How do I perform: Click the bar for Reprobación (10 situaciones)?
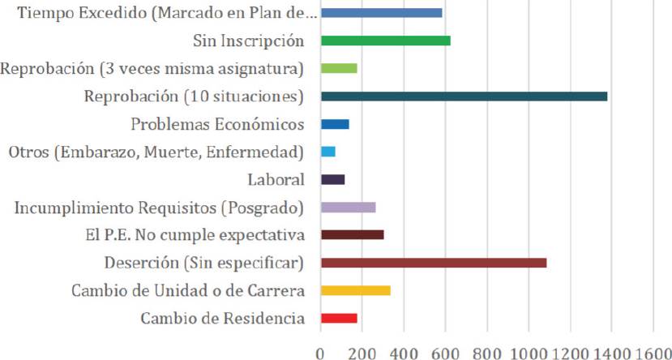[x=464, y=96]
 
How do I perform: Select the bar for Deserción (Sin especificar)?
[x=434, y=263]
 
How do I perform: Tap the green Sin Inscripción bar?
[x=385, y=41]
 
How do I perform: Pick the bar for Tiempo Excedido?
[x=381, y=13]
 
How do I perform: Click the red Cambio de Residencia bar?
[x=339, y=318]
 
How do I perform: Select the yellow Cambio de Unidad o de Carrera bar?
[x=356, y=290]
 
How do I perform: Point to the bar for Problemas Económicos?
[x=335, y=124]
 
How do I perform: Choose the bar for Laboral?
[x=332, y=179]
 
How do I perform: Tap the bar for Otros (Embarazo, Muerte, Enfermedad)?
[x=327, y=152]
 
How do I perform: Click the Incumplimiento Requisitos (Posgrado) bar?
[x=348, y=208]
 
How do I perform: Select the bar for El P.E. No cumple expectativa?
[x=352, y=235]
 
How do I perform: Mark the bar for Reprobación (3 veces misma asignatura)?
[x=339, y=68]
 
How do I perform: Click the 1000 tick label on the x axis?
[x=528, y=350]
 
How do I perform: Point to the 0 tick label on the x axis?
[x=321, y=350]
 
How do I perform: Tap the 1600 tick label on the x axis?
[x=652, y=350]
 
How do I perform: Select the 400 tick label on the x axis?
[x=404, y=350]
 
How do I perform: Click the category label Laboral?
[x=276, y=180]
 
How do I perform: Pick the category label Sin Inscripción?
[x=248, y=41]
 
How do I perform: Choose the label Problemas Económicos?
[x=217, y=125]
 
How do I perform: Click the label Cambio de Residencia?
[x=222, y=319]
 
